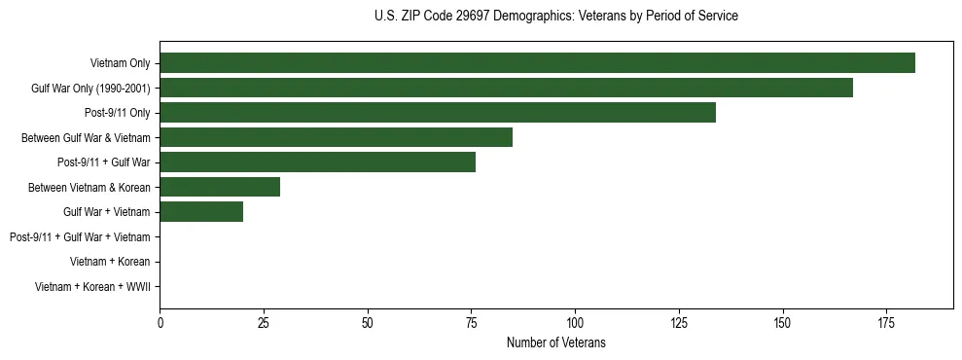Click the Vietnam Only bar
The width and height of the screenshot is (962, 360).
click(537, 63)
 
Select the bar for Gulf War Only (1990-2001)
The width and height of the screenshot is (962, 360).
click(506, 88)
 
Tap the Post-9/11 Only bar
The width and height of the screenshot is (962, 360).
click(438, 113)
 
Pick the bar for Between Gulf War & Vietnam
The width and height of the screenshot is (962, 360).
click(336, 137)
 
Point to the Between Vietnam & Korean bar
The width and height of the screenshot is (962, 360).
click(220, 187)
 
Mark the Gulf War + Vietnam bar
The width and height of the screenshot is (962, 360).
click(201, 212)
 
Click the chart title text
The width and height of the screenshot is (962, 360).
click(555, 17)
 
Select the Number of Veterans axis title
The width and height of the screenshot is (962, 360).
click(555, 342)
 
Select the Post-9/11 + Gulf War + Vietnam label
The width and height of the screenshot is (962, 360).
click(80, 237)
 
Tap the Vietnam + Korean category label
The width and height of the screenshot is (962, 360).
click(110, 262)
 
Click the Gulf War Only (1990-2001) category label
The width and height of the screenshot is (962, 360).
click(90, 89)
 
